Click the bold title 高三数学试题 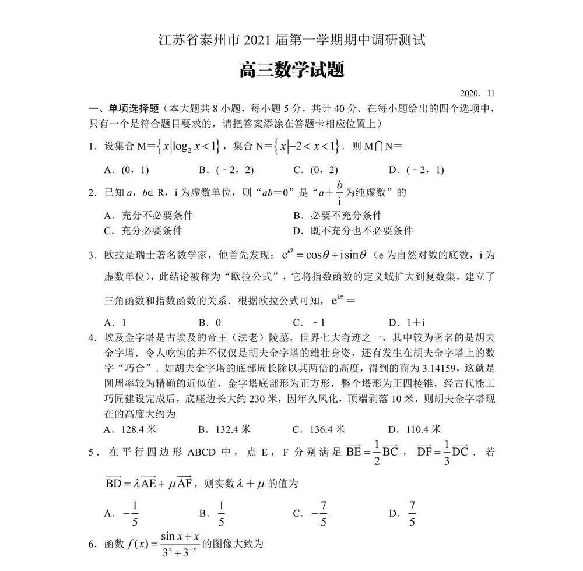tap(291, 71)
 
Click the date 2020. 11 tap(477, 93)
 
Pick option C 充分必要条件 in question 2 tap(142, 230)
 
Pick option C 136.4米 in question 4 tap(320, 429)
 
